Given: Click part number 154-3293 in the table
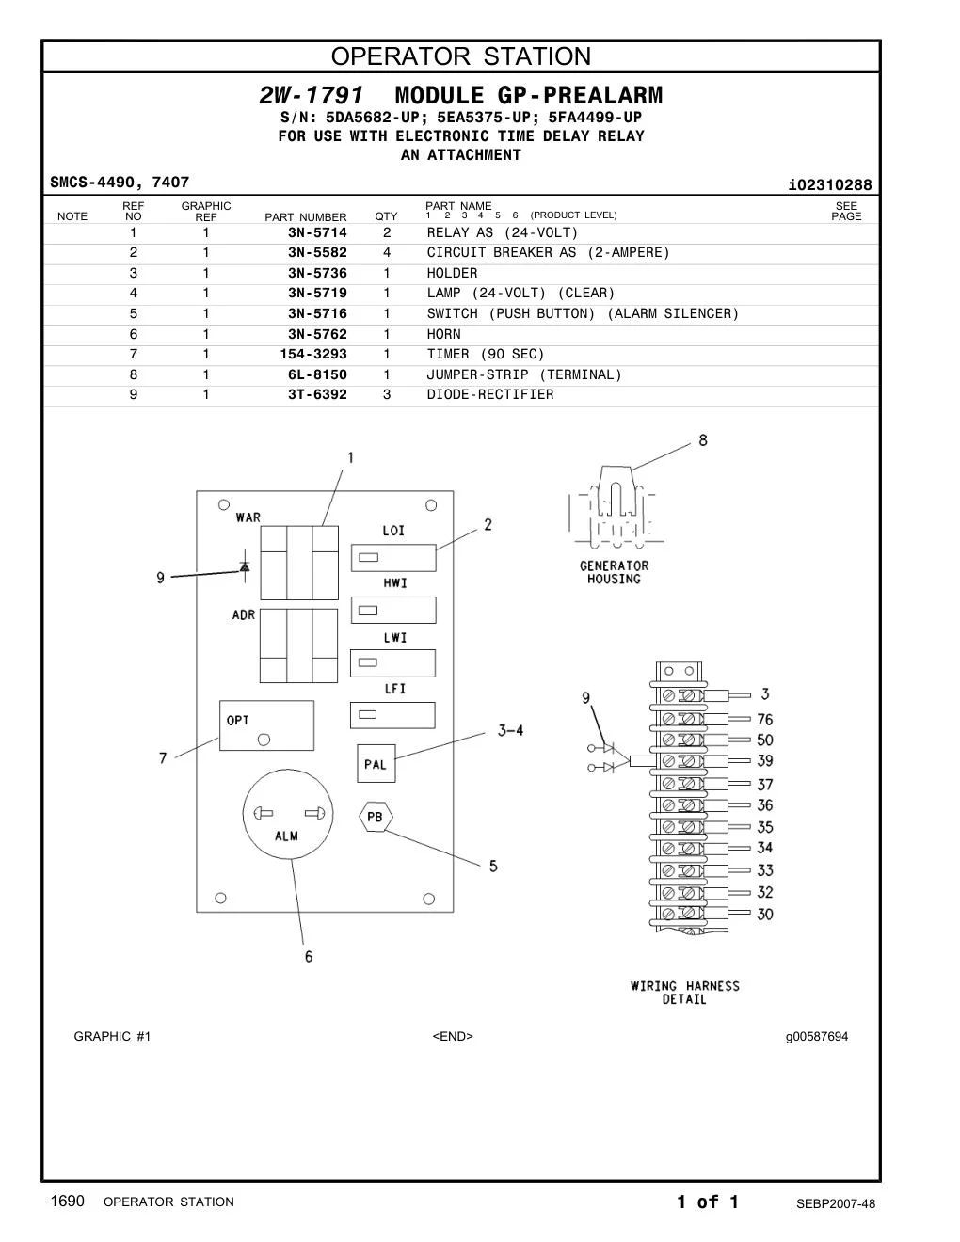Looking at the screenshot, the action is coord(313,355).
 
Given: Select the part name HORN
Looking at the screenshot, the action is coord(443,334).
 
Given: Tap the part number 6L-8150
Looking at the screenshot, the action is coord(317,374).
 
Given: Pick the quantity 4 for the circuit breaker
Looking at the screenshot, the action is coord(387,252).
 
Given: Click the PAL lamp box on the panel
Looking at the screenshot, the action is coord(376,763).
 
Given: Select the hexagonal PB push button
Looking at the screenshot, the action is coord(376,817).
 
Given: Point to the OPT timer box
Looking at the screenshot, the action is coord(266,725).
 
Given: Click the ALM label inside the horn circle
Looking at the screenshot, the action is coord(286,836).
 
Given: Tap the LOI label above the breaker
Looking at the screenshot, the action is coord(393,531).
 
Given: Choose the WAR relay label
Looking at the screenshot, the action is coord(248,517).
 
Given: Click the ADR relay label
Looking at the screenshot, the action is coord(244,615).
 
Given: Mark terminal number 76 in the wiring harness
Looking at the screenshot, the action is coord(764,719).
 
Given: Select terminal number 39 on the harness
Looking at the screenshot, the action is coord(764,761).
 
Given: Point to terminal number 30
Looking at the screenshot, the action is coord(764,914).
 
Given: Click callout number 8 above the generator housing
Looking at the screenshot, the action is coord(703,440).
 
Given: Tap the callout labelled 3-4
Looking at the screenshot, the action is coord(511,730).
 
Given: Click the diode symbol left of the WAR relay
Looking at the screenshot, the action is coord(245,566).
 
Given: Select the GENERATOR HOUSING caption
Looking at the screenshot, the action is coord(614,572).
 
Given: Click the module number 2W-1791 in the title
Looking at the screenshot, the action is coord(312,95).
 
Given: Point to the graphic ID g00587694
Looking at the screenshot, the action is coord(817,1036).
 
